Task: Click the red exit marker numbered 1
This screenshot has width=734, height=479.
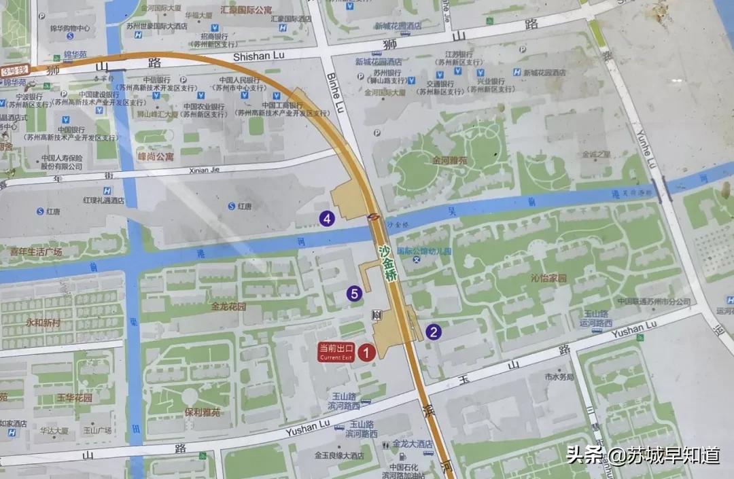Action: click(x=367, y=352)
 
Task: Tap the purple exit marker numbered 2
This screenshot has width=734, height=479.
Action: click(x=434, y=332)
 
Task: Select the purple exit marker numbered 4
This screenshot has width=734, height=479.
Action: click(x=328, y=218)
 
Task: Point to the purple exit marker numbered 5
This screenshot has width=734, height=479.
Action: click(x=353, y=294)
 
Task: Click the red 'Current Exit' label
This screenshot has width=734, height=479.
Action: click(x=336, y=351)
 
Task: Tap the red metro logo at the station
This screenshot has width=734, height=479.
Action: click(x=374, y=217)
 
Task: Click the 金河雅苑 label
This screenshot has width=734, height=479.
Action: click(x=450, y=161)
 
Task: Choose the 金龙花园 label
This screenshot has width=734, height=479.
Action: click(x=228, y=306)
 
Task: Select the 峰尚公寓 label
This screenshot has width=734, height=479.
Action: click(x=155, y=156)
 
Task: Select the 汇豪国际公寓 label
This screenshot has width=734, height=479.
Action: click(x=247, y=11)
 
